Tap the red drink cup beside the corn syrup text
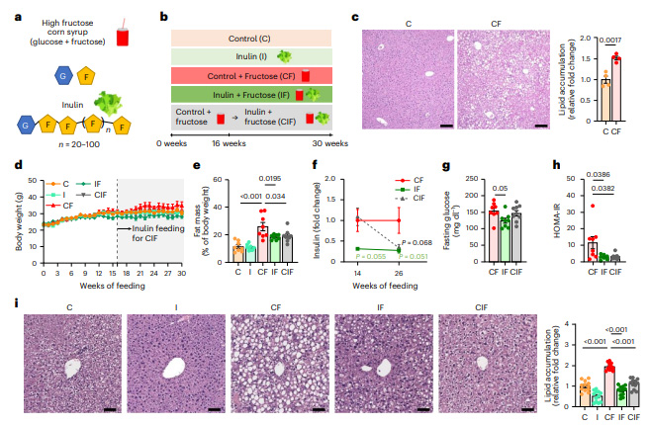click(123, 37)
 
